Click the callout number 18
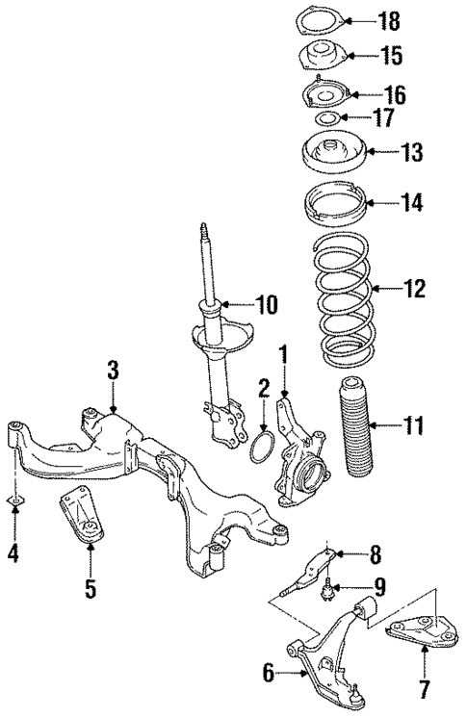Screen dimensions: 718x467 (388, 19)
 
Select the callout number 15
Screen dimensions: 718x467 (389, 56)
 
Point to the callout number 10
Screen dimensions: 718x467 (266, 305)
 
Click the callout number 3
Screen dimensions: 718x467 (113, 369)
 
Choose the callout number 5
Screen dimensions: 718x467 (90, 589)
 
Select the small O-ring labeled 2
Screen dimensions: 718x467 (265, 448)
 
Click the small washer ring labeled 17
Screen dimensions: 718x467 (326, 119)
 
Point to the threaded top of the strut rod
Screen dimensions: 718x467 (204, 237)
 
